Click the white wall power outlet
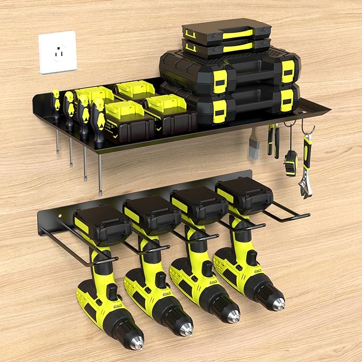coord(58,52)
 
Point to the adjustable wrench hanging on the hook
coord(306,165)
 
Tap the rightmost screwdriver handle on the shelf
coord(99,123)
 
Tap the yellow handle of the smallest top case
coord(237,34)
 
